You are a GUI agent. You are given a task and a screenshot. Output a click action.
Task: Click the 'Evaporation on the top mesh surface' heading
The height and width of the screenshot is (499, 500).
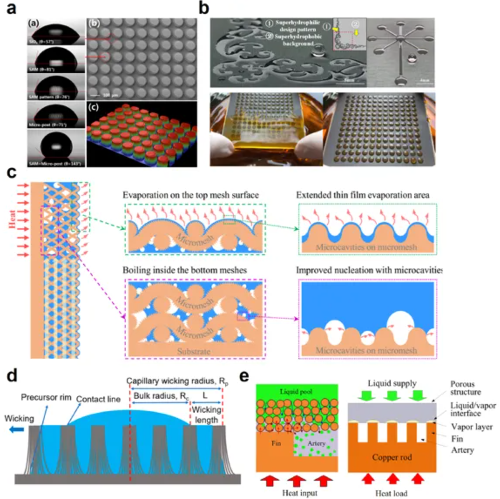tap(190, 195)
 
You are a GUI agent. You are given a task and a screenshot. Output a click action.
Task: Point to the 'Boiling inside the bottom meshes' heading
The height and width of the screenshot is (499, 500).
tap(185, 270)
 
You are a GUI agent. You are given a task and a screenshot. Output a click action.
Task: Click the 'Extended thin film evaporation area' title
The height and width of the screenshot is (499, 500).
tap(363, 195)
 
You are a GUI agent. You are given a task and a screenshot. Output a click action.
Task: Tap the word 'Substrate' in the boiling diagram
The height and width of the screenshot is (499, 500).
tap(194, 351)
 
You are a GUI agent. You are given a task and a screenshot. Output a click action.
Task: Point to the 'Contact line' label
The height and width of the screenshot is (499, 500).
tap(98, 399)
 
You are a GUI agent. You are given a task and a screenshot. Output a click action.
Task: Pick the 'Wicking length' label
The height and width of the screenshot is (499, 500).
tap(206, 415)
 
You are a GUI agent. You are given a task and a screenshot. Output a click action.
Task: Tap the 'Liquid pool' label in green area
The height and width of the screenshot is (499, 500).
tap(296, 391)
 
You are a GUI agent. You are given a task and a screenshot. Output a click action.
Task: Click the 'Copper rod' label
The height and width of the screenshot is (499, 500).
tap(392, 457)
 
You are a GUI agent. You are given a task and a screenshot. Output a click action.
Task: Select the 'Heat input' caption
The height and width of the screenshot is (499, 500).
tap(300, 493)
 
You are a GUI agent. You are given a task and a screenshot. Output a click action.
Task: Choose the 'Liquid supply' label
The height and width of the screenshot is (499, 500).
tap(392, 384)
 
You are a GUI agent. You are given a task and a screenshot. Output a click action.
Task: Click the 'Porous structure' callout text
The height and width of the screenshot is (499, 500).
tap(465, 388)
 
